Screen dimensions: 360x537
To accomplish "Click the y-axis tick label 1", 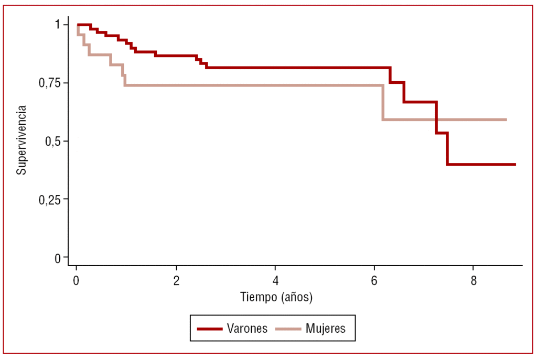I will [x=58, y=25].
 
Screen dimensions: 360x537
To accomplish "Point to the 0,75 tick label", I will [x=50, y=83].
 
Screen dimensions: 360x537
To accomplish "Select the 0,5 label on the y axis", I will [x=53, y=141].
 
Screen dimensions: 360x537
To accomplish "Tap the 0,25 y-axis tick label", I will [x=50, y=199].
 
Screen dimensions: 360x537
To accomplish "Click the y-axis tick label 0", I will [x=58, y=257].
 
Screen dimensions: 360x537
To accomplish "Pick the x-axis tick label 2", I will [x=176, y=280].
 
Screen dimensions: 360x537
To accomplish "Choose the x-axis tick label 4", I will [x=275, y=280].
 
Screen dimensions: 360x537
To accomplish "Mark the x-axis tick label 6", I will [x=374, y=280].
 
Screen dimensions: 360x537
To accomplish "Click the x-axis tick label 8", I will [x=474, y=280].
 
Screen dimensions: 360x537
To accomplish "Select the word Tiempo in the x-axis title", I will [x=259, y=298].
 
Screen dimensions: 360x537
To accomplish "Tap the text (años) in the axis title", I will [x=296, y=298].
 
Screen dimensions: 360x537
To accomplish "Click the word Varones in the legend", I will [x=247, y=329].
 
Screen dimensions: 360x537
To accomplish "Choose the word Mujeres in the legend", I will [x=325, y=329].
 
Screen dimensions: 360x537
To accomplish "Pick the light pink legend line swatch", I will [x=288, y=329].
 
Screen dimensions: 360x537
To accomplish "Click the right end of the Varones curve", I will [x=515, y=165].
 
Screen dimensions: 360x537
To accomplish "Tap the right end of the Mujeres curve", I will [x=506, y=119].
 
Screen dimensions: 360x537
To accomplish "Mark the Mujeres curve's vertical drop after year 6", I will [x=383, y=102].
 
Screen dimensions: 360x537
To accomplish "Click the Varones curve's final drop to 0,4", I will [x=447, y=149].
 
